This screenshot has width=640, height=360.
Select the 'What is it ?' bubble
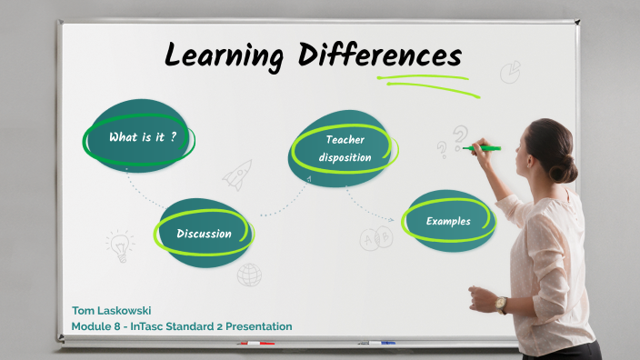point(140,137)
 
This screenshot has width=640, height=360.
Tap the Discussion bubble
point(203,233)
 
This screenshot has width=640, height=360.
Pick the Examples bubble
point(448,221)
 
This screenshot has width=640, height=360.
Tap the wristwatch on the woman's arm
point(501,304)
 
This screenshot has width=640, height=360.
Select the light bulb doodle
point(119,244)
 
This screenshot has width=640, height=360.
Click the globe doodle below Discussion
point(249,274)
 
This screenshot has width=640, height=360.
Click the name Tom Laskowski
point(112,310)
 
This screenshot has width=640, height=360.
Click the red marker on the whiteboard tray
point(255,344)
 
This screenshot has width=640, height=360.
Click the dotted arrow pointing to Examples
point(375,210)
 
